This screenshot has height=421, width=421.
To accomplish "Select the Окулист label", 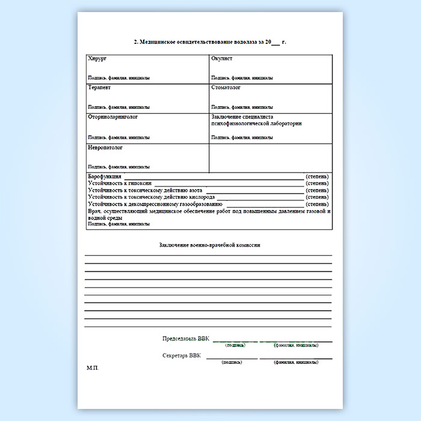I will click(222, 59).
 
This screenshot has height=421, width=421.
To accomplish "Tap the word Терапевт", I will click(99, 88).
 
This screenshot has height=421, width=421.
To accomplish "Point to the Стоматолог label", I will click(226, 88).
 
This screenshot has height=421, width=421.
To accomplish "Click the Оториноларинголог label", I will click(113, 117).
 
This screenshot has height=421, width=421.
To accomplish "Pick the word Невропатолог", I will click(105, 147).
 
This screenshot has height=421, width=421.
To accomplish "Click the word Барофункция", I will click(105, 176).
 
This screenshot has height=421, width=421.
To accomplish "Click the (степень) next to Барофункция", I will click(317, 176).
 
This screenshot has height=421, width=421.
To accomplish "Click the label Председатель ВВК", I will click(186, 339).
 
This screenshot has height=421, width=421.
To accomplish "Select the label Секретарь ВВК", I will click(182, 356).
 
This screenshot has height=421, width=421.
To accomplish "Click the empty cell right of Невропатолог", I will click(270, 158).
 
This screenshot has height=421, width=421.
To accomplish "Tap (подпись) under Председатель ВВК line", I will click(235, 346).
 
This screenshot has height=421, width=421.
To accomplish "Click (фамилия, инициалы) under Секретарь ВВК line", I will click(296, 363).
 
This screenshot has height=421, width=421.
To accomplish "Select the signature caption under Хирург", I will click(118, 78).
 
